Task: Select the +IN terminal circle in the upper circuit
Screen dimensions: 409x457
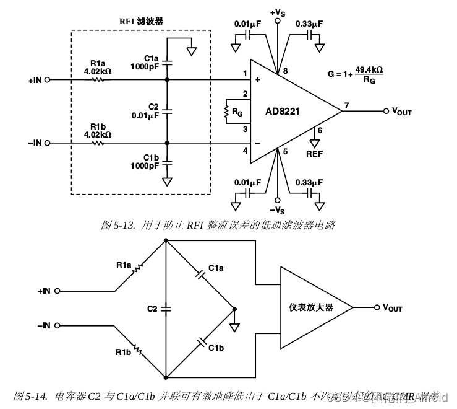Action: point(48,80)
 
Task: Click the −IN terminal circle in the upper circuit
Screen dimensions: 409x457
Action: point(48,143)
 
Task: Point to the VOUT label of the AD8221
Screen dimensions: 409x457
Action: point(401,112)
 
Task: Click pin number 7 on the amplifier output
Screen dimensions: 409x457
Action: point(347,105)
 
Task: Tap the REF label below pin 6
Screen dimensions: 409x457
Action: point(315,153)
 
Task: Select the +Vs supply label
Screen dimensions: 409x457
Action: point(278,11)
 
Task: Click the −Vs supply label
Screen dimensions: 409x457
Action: point(278,210)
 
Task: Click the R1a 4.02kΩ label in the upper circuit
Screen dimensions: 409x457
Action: point(98,67)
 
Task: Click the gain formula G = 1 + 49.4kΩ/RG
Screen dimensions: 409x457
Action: point(355,74)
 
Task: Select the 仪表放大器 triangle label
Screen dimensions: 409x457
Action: point(310,307)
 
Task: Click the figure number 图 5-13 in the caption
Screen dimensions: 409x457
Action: point(117,225)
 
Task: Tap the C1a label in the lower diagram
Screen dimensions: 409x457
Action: point(216,268)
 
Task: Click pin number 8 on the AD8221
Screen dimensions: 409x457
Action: point(285,71)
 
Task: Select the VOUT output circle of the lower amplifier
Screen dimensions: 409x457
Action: point(375,307)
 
